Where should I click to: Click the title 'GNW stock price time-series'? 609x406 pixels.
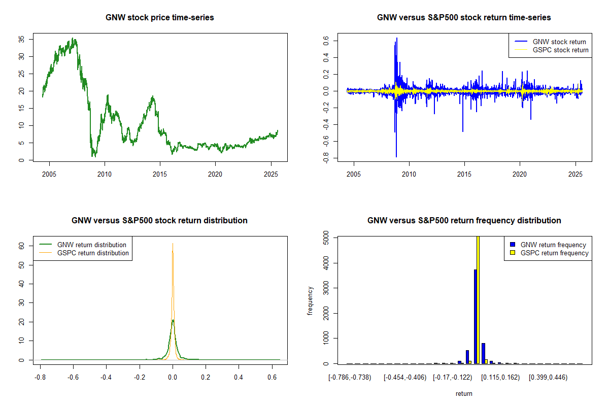(159, 18)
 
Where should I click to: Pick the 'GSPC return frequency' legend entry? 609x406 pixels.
(555, 253)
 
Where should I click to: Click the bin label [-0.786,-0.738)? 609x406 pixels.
(350, 378)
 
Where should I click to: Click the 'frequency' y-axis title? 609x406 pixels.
(310, 300)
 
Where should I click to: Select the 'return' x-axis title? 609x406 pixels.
(464, 393)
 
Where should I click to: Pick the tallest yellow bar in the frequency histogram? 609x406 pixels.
(478, 299)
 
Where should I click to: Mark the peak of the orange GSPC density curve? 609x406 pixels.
(173, 244)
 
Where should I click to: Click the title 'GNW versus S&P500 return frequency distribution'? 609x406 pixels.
(464, 221)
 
